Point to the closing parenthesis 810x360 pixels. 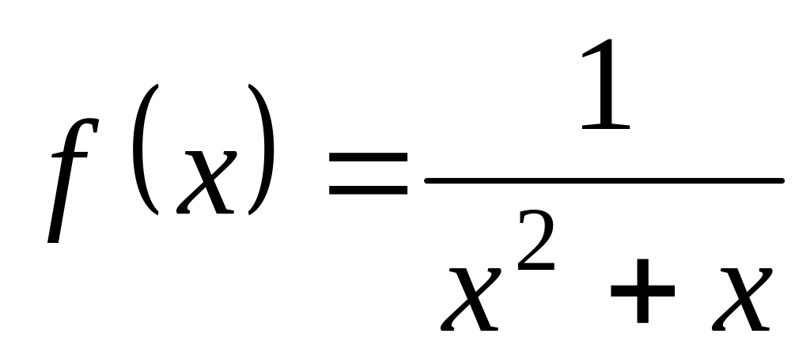tap(263, 150)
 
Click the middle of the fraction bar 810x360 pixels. tap(604, 180)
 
